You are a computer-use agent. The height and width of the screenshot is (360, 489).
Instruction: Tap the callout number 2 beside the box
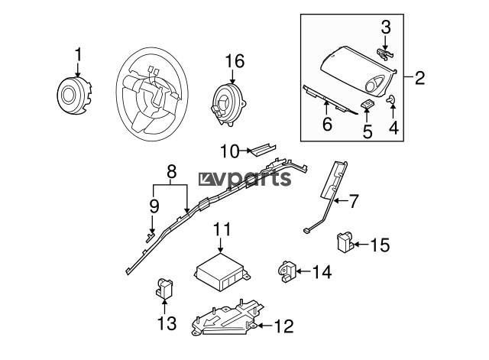click(x=419, y=76)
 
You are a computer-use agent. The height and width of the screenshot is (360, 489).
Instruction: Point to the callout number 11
click(x=221, y=229)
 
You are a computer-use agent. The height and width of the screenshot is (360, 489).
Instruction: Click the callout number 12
click(x=283, y=327)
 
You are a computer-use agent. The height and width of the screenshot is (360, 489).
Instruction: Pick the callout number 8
click(x=172, y=171)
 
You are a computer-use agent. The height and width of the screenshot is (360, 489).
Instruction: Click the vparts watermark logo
click(x=246, y=178)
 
